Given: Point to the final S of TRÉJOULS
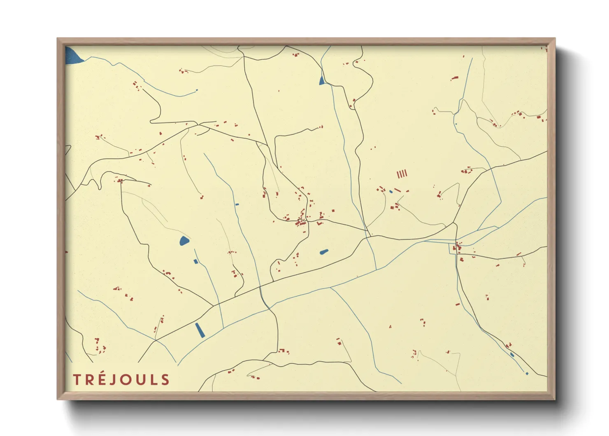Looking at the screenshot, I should [165, 380].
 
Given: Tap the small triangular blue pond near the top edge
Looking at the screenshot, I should [322, 81].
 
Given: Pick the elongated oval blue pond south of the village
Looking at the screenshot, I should [324, 251].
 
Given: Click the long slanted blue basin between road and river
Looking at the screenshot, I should [200, 330].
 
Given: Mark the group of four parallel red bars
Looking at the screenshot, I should [402, 174].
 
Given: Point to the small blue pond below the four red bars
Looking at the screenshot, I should [391, 192].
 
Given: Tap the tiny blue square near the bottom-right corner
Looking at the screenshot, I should [527, 373].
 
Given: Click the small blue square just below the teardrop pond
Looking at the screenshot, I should [195, 261].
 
